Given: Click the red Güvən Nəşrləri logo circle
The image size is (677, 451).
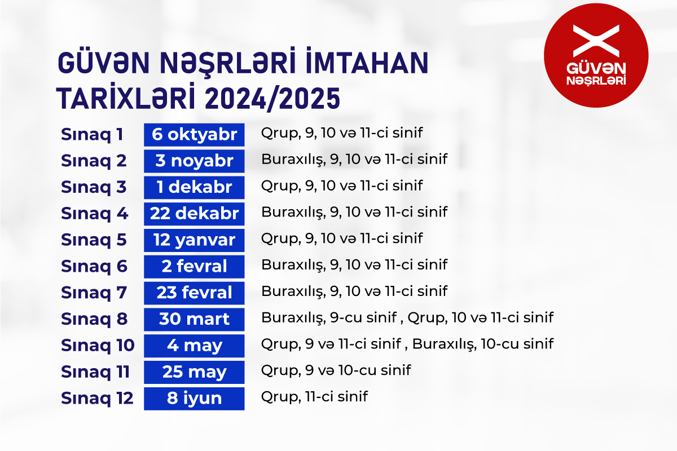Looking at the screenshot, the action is coord(596,55).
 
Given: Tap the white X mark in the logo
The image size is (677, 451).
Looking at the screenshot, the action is coord(596,41).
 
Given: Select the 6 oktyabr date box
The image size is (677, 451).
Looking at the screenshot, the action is coord(194,135).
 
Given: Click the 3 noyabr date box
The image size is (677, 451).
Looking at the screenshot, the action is coord(194,161).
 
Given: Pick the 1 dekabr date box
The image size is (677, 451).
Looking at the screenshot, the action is coord(194,187).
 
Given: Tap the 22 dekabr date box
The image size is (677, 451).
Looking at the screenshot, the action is coord(194,214).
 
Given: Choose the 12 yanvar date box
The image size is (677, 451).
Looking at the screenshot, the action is coord(194,240).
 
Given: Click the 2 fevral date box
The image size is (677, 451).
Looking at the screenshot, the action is coord(194,267).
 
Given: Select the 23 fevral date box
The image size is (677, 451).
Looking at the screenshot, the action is coord(194,293).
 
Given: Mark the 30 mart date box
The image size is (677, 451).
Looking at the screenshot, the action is coord(194,319).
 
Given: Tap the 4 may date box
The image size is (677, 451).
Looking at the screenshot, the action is coord(194,346).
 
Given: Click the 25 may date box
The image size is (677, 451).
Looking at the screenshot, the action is coord(194,372).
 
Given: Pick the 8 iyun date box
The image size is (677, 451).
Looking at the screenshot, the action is coord(194,399).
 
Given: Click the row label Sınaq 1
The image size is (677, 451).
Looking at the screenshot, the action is coord(92,135).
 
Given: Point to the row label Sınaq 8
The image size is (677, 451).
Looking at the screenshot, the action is coord(94,319).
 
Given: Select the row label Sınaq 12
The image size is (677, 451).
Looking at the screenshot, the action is coord(97,399).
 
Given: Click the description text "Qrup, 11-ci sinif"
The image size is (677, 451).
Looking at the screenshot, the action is coord(314,397).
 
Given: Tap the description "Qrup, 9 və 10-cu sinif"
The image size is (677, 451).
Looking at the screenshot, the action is coord(336,370).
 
